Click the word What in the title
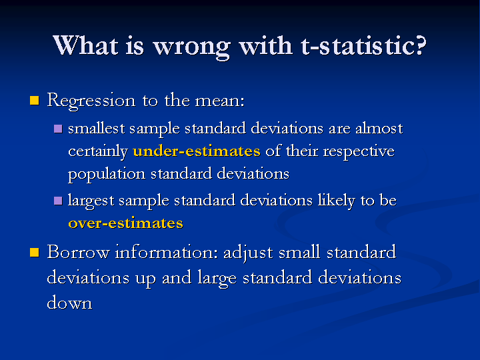[85, 45]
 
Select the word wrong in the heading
[191, 48]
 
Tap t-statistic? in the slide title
[363, 45]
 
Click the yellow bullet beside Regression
[35, 101]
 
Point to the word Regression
[91, 101]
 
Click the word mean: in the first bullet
[219, 101]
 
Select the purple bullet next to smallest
[58, 128]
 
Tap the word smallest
[96, 128]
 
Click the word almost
[379, 128]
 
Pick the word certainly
[97, 151]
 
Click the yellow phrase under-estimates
[197, 151]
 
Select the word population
[107, 174]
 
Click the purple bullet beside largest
[58, 201]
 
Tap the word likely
[337, 201]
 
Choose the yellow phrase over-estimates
[125, 223]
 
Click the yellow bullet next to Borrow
[35, 253]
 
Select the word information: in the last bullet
[167, 252]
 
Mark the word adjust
[248, 253]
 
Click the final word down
[69, 303]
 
